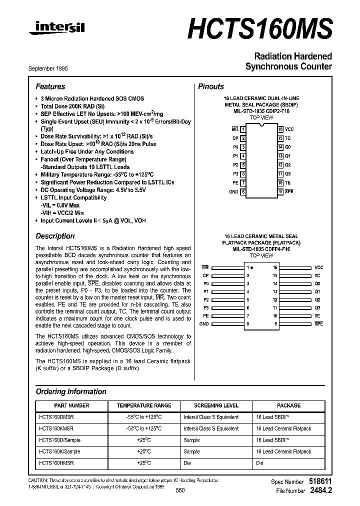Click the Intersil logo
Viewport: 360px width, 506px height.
[56, 29]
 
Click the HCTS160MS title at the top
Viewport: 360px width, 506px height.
[259, 29]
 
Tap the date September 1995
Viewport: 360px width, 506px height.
[51, 68]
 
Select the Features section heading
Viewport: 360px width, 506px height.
[50, 86]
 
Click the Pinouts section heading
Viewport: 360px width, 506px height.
[211, 86]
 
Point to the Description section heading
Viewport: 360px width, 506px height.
[55, 236]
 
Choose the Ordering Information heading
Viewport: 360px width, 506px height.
[71, 391]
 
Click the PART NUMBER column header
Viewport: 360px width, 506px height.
[71, 405]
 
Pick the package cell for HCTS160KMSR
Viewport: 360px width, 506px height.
[283, 428]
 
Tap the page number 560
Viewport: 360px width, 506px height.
[180, 490]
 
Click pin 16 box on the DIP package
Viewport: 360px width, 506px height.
[280, 129]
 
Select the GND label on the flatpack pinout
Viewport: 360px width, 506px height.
[204, 324]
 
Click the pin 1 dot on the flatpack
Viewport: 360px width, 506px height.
[251, 268]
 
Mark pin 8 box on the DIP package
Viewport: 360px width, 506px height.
[243, 191]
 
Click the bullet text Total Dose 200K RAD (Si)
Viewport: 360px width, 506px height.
[73, 106]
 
